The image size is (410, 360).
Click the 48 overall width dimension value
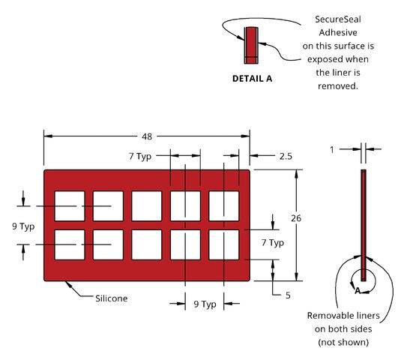click(x=147, y=136)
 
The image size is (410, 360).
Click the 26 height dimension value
click(x=296, y=218)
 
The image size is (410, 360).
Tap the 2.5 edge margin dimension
click(x=286, y=156)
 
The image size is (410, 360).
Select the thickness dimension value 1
click(x=332, y=150)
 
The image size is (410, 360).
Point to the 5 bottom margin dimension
click(x=288, y=295)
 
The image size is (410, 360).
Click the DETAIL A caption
click(x=252, y=79)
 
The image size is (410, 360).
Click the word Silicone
click(x=112, y=298)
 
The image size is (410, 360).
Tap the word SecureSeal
click(x=338, y=19)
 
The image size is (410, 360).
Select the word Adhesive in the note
click(x=338, y=32)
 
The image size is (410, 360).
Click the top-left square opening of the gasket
click(x=70, y=206)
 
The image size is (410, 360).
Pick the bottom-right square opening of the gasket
click(x=224, y=245)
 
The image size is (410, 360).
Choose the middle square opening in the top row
click(x=147, y=206)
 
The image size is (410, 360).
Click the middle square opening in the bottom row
click(x=147, y=245)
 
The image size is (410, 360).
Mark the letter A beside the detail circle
click(x=358, y=290)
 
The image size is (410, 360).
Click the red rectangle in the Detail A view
click(x=251, y=46)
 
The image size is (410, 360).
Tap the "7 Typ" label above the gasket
click(x=140, y=156)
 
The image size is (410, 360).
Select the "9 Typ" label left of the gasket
click(x=23, y=226)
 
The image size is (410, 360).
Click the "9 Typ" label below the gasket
click(x=205, y=304)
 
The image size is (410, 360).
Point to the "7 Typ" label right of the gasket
click(x=273, y=242)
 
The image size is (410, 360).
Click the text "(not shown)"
click(x=343, y=342)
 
